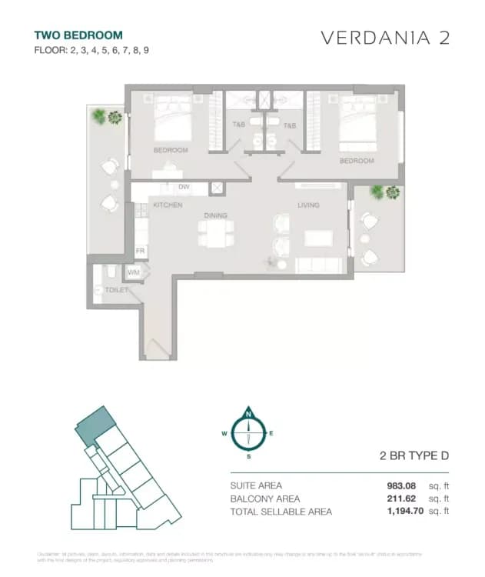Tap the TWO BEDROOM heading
pos(78,35)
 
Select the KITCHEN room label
pos(167,205)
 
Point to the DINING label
pos(214,216)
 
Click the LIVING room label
pos(309,205)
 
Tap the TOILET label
pos(106,290)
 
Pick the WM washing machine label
pos(134,272)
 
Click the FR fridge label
pos(141,252)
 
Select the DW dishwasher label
pos(184,187)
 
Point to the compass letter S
pos(248,456)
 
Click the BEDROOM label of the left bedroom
pos(171,150)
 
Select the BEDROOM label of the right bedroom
pos(357,161)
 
